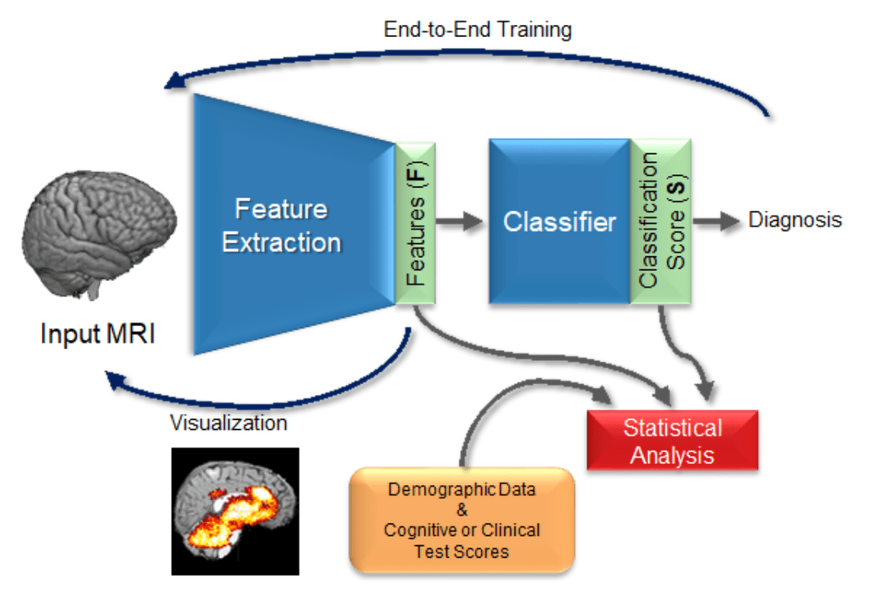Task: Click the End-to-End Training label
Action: (477, 30)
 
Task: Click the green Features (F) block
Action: (415, 222)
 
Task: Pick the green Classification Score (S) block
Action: (659, 222)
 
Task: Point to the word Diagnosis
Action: (794, 220)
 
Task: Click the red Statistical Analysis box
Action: (672, 441)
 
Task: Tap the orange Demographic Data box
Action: (462, 520)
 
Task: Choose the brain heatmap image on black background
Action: (235, 511)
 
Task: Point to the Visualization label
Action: (229, 423)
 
